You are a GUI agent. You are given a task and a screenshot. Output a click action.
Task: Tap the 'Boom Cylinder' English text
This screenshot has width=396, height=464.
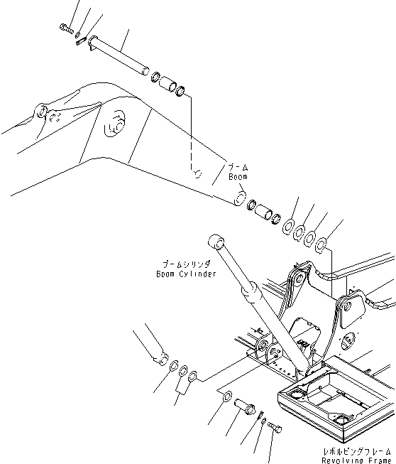pos(186,274)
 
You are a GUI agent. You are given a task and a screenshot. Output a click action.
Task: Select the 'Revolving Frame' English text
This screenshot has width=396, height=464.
pos(356,459)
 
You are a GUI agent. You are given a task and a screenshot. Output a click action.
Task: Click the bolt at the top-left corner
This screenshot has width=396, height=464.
pos(66,29)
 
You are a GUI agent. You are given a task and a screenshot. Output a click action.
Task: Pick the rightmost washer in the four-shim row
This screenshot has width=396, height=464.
pos(321,244)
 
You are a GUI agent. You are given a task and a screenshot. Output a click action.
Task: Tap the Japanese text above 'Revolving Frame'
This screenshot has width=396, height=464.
pos(356,450)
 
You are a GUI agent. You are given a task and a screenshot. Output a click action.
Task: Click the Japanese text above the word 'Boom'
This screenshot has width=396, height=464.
pos(237,168)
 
